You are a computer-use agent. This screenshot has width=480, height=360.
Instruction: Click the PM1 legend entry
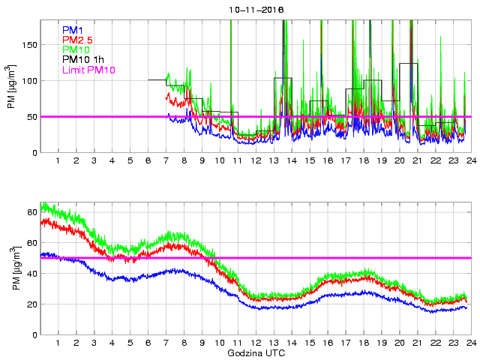click(73, 29)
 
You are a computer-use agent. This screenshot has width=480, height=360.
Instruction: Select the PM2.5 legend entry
click(77, 39)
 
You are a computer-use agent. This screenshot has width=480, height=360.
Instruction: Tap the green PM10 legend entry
click(76, 49)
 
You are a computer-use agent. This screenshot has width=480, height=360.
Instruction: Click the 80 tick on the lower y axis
click(31, 211)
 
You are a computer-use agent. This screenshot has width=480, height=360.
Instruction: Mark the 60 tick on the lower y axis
click(31, 242)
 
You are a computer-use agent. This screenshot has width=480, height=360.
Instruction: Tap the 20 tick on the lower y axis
click(31, 304)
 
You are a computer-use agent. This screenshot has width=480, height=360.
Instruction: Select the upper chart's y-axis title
click(11, 87)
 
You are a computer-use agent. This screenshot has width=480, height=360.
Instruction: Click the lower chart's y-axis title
click(11, 268)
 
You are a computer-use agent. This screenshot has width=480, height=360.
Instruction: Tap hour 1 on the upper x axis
click(58, 160)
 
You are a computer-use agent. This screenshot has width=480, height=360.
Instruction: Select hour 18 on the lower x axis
click(363, 343)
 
